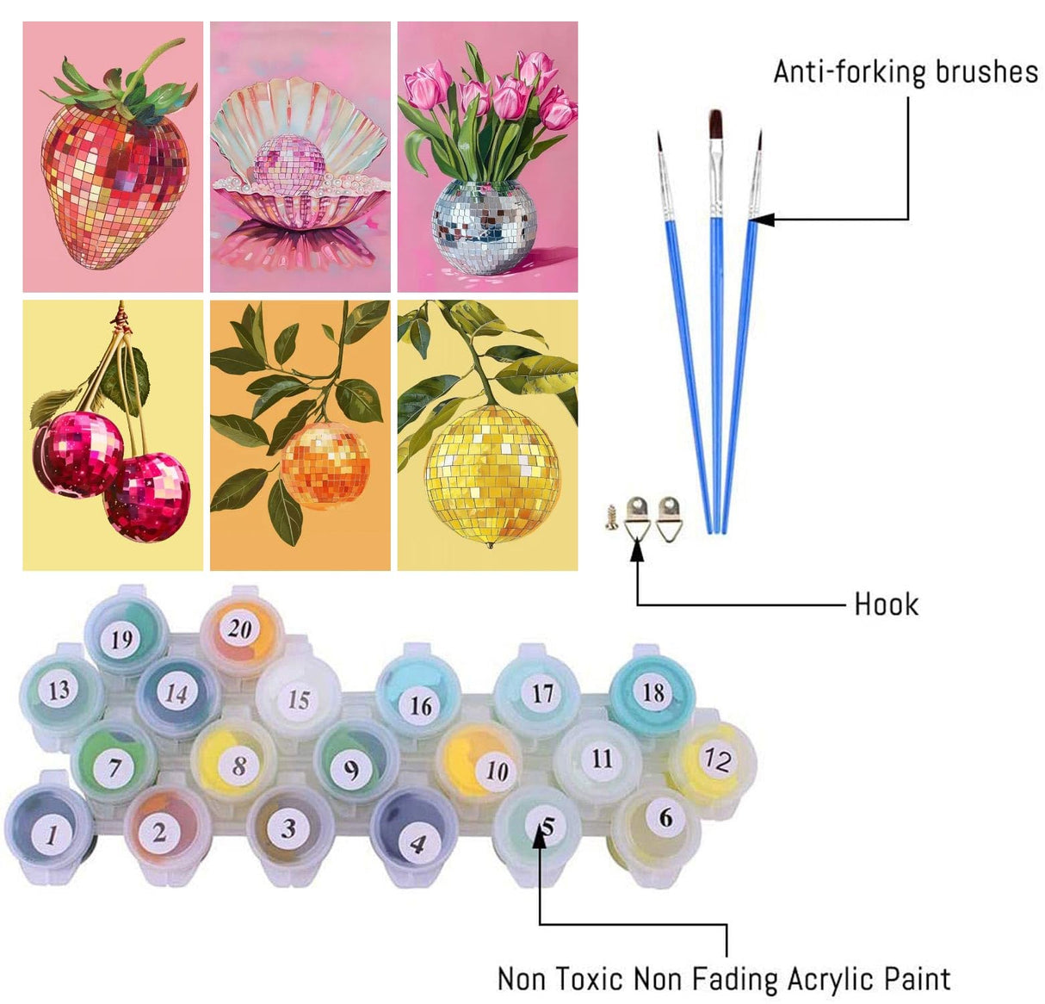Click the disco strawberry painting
click(113, 157)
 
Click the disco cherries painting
click(113, 435)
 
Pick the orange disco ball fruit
click(325, 465)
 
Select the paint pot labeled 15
click(298, 698)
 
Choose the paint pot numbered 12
click(715, 759)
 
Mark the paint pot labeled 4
click(415, 841)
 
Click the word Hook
click(886, 604)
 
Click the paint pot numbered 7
click(114, 765)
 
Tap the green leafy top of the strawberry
click(129, 90)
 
